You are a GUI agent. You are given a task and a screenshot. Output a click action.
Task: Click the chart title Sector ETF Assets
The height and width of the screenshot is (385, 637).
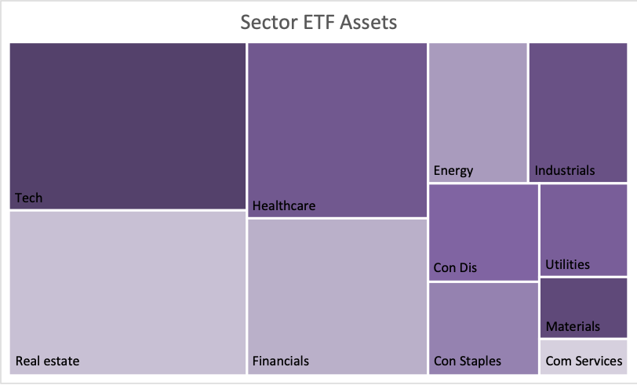[x=318, y=22]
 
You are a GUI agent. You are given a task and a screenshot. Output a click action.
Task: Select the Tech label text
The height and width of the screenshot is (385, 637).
[x=28, y=198]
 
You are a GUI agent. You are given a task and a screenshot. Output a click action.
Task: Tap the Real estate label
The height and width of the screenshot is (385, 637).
[x=47, y=361]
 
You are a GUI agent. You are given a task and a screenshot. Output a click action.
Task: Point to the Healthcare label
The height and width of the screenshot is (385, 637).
[x=283, y=206]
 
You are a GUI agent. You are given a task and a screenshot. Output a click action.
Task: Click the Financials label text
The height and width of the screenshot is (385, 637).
[x=280, y=361]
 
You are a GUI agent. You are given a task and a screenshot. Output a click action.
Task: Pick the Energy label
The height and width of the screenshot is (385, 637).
[x=453, y=171]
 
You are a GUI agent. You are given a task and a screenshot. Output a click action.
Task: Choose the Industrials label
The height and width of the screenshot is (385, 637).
[x=564, y=171]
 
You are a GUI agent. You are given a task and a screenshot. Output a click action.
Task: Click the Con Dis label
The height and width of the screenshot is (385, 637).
[x=455, y=267]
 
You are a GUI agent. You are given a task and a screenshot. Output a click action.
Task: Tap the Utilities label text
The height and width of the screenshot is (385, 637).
[x=567, y=265]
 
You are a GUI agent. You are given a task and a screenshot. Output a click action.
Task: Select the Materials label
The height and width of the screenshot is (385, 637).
[x=573, y=326]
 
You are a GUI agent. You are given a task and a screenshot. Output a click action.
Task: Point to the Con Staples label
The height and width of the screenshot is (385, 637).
[x=468, y=361]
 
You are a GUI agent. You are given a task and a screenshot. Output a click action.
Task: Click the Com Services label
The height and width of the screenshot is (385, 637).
[x=584, y=361]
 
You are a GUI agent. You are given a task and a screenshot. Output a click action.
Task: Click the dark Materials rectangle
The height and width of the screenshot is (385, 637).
[x=584, y=308]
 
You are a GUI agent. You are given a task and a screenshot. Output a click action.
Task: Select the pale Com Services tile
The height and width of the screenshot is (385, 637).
[x=584, y=357]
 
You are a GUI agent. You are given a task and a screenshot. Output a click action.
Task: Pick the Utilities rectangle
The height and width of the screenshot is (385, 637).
[x=584, y=231]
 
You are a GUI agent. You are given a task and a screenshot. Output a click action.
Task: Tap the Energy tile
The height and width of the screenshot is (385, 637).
[x=478, y=112]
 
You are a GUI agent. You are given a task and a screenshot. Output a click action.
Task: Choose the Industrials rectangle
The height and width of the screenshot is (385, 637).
[x=578, y=112]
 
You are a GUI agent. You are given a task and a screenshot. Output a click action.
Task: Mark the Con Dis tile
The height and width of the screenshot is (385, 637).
[x=483, y=233]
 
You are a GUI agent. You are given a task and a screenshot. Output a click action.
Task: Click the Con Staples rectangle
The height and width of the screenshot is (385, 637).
[x=483, y=329]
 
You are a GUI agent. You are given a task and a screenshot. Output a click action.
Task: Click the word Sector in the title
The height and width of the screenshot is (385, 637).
[x=269, y=22]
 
